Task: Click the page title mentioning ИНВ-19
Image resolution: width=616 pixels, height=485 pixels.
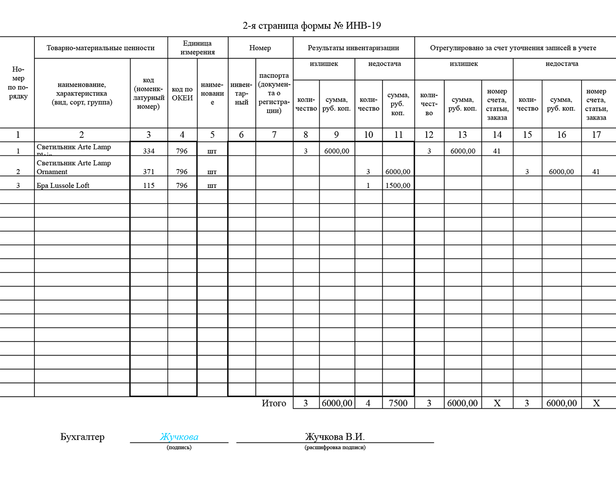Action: coord(312,26)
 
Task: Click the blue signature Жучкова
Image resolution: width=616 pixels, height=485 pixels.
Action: coord(179,437)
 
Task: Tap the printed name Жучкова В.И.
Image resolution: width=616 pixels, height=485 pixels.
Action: coord(335,437)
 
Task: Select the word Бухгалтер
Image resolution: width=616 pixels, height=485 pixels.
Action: coord(82,437)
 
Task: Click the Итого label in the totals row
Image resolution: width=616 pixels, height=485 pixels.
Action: coord(274,403)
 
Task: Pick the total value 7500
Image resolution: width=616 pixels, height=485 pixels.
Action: coord(398,403)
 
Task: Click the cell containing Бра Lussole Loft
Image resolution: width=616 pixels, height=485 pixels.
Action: coord(63,185)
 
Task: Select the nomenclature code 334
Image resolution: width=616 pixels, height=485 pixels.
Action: coord(149,151)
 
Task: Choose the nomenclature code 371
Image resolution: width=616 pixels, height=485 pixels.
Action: coord(149,172)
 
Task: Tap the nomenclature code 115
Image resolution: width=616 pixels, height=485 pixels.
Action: coord(149,185)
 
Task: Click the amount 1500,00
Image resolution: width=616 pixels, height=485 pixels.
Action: coord(398,185)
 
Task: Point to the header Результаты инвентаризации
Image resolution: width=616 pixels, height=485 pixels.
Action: coord(353,48)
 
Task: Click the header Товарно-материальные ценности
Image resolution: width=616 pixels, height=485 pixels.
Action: coord(101,48)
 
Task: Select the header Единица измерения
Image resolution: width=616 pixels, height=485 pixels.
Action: coord(197,48)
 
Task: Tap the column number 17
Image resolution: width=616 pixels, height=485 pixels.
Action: coord(596,135)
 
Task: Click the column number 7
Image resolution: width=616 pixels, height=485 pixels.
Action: coord(274,135)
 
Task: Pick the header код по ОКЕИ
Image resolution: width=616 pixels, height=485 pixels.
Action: coord(182,93)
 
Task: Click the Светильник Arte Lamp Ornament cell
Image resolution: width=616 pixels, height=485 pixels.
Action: coord(73,167)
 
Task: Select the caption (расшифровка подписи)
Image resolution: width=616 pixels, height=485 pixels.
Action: coord(335,447)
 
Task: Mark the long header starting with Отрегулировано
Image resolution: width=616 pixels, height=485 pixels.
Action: coord(513,48)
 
